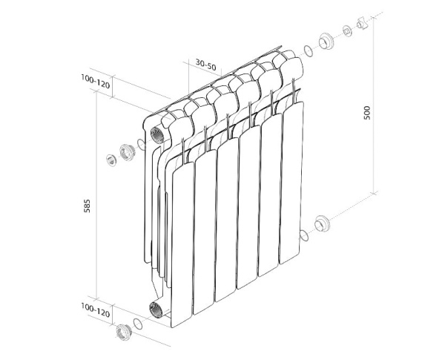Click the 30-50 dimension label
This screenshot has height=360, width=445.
point(205,65)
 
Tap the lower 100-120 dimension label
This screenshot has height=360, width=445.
point(95,310)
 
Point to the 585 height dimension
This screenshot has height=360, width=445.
point(87,206)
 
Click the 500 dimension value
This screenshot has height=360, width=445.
point(367,113)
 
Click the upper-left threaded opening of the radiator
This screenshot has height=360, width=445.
point(156,135)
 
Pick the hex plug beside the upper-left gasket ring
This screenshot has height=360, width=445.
point(126,152)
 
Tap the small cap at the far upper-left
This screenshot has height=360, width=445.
point(111,160)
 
